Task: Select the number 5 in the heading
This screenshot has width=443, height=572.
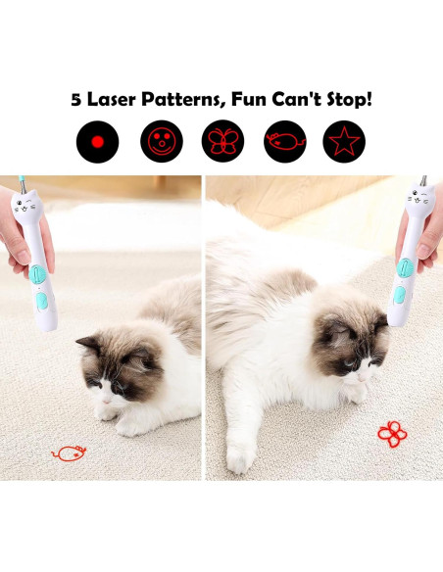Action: click(76, 100)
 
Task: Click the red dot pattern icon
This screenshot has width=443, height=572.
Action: click(97, 142)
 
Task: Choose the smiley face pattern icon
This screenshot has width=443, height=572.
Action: click(159, 142)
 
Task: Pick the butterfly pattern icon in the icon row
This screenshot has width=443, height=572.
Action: click(221, 142)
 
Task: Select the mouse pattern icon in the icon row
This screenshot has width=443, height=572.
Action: click(282, 142)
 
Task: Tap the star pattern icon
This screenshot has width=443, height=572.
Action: click(343, 142)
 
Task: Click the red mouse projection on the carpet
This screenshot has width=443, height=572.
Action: click(69, 453)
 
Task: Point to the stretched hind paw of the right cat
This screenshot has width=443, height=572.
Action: click(237, 456)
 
